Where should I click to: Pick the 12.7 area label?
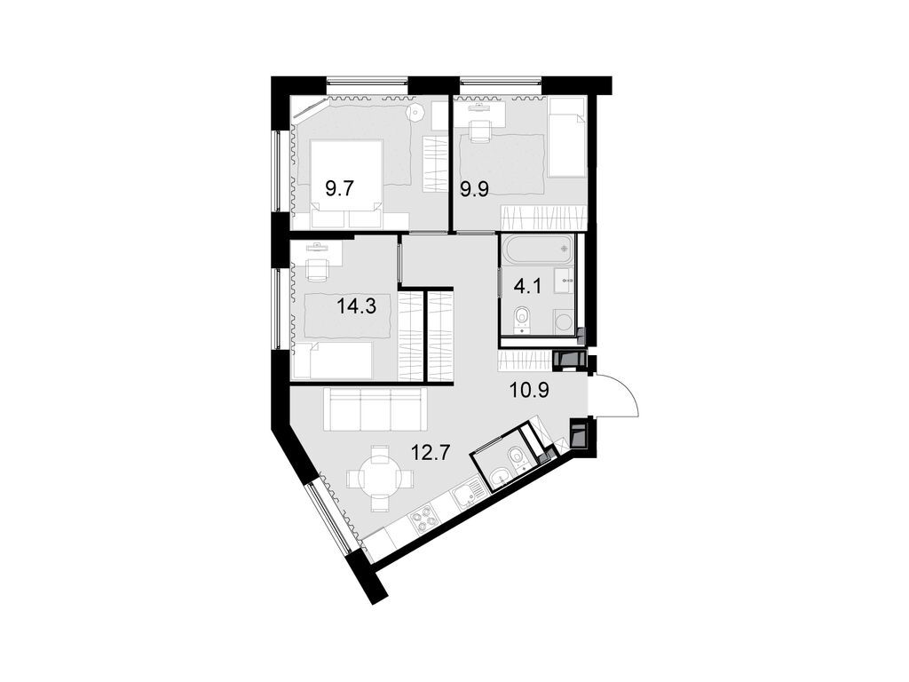[431, 452]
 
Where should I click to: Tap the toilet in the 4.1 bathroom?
[522, 318]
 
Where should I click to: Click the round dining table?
[379, 477]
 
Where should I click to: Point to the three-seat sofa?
[375, 409]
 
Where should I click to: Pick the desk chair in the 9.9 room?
[479, 131]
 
